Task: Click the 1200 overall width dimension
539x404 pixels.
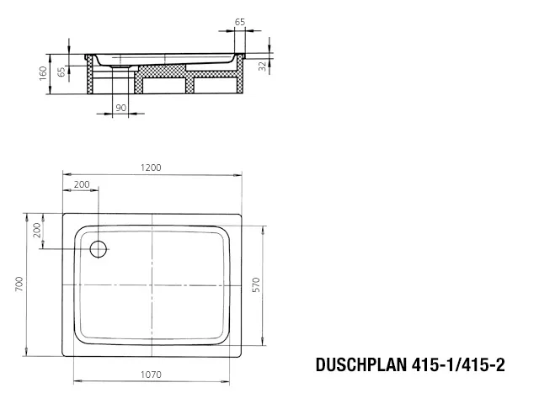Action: tap(152, 167)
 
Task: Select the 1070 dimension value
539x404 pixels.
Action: tap(152, 375)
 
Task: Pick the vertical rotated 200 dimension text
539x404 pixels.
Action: tap(37, 231)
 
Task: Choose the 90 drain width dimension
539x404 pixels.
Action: tap(120, 108)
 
